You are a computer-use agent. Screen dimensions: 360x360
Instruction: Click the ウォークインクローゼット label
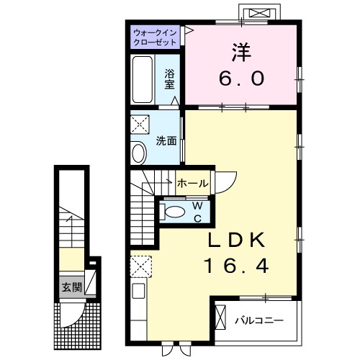[156, 37]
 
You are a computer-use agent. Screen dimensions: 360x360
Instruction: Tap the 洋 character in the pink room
[240, 53]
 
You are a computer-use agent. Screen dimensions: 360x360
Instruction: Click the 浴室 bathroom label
[171, 78]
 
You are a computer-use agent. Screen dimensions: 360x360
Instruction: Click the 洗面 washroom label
[167, 141]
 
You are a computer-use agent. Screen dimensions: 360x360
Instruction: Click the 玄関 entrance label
[70, 287]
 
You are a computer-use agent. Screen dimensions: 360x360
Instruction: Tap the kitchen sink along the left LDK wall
[138, 293]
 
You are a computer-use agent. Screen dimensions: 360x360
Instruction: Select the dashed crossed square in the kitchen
[139, 266]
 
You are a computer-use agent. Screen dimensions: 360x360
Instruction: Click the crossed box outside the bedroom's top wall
[260, 13]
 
